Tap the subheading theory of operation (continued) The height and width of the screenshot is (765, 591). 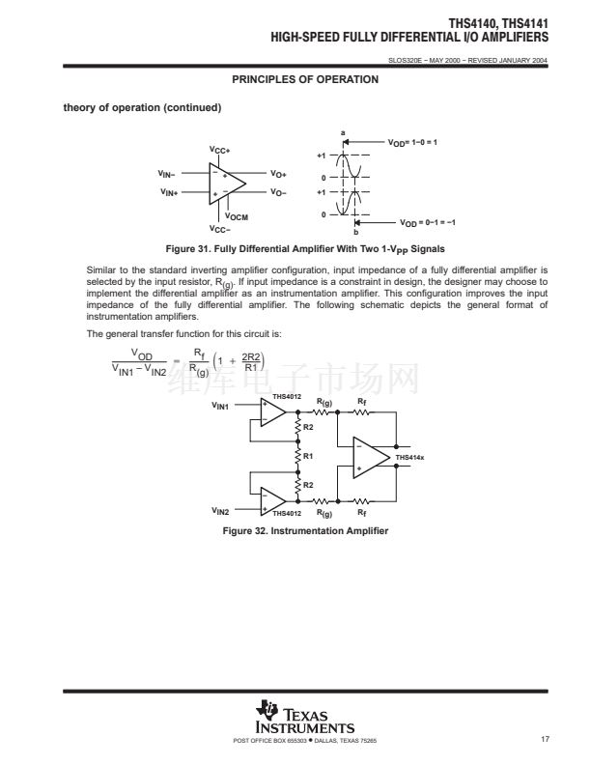pyautogui.click(x=143, y=106)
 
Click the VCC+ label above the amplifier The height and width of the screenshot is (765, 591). pyautogui.click(x=220, y=151)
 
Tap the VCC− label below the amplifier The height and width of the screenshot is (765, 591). pyautogui.click(x=220, y=230)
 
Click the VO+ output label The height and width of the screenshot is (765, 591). pyautogui.click(x=278, y=174)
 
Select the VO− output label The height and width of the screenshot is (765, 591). pyautogui.click(x=278, y=192)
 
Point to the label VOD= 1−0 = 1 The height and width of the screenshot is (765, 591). pyautogui.click(x=413, y=143)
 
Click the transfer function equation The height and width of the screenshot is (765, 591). pyautogui.click(x=188, y=367)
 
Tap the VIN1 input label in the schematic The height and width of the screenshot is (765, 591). pyautogui.click(x=220, y=407)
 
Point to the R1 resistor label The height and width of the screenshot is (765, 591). pyautogui.click(x=308, y=455)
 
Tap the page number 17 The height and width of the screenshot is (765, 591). pyautogui.click(x=545, y=740)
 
